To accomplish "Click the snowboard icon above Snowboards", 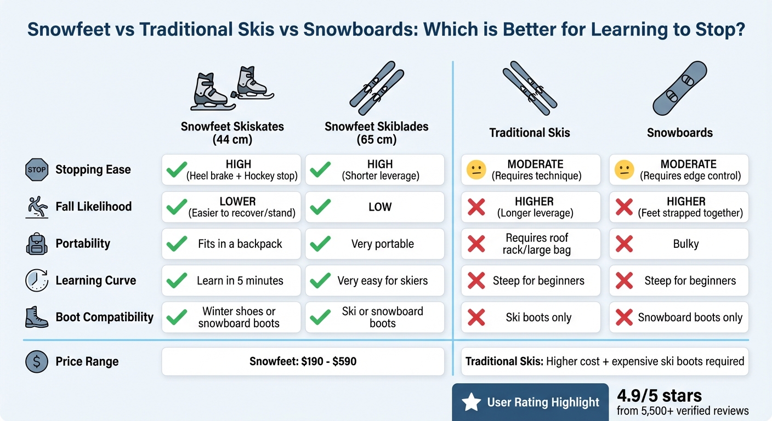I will (679, 88).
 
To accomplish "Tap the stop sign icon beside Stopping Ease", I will (37, 170).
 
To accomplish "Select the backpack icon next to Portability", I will (37, 244).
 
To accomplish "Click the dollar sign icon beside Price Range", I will (37, 362).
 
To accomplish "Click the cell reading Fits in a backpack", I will (231, 244).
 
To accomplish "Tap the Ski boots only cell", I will (530, 317).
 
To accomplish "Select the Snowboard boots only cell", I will (679, 317).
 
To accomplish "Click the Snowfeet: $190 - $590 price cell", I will (303, 362).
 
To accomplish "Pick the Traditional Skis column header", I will (530, 133).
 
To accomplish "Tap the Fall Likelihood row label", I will (94, 207).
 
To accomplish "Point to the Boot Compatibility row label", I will (105, 317).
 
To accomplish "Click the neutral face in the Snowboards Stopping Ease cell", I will (625, 170).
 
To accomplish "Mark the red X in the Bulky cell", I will (625, 244).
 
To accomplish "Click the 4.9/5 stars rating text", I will (659, 396).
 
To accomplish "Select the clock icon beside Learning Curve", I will (37, 281).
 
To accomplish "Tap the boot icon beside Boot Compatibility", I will (37, 317).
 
